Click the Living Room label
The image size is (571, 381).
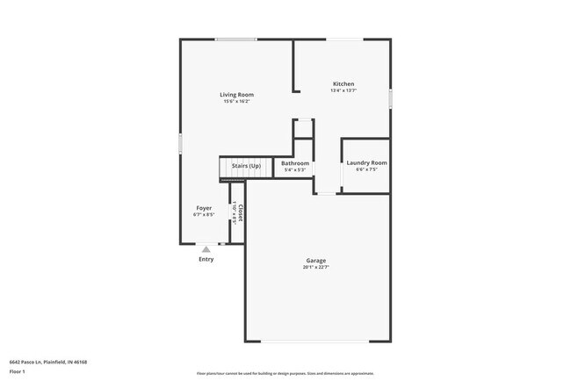236,95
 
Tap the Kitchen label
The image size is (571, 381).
343,84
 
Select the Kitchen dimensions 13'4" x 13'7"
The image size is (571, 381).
343,91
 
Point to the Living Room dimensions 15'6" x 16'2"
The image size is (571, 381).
236,102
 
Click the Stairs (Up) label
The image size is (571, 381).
246,166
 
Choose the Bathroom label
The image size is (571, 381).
295,163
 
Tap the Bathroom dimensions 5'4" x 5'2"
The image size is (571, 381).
295,170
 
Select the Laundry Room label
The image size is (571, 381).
366,162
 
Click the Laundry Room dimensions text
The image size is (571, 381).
366,169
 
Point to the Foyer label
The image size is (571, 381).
204,208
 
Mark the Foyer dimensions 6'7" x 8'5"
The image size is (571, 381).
204,215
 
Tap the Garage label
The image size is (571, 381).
316,261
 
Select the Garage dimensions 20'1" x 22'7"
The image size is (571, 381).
316,268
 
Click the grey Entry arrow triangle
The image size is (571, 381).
206,249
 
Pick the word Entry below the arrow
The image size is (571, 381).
206,259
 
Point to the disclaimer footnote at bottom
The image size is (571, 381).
285,373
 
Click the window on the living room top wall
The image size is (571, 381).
236,39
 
